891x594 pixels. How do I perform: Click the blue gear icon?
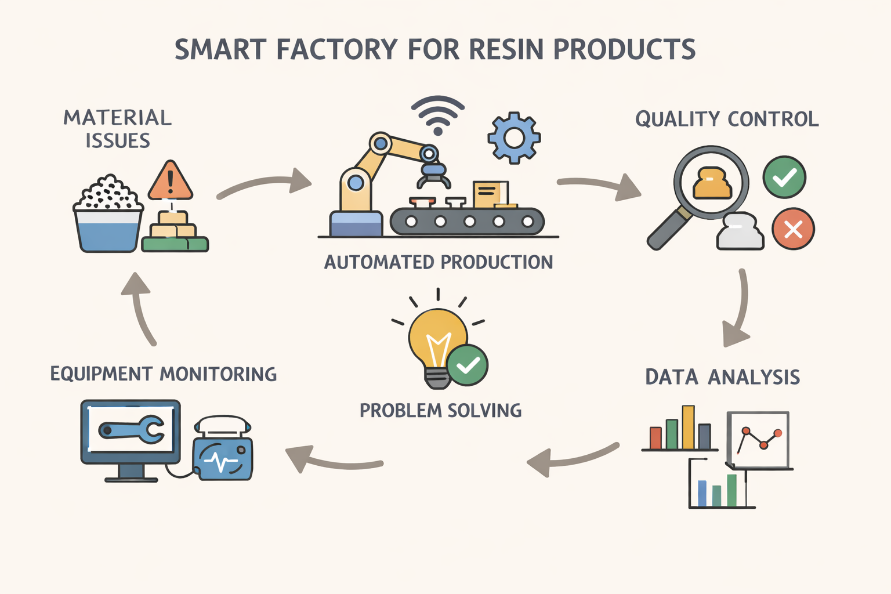(x=514, y=137)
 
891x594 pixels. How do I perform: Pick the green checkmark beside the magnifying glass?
(x=784, y=178)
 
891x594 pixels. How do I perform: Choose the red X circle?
(x=793, y=229)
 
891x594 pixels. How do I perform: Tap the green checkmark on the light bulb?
(x=468, y=365)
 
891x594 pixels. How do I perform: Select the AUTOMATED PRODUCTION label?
(x=439, y=263)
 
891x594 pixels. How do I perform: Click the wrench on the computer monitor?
(x=132, y=430)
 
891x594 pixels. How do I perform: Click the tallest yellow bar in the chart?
(x=688, y=427)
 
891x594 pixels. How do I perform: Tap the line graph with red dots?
(x=758, y=439)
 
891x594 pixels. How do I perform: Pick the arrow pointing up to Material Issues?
(x=139, y=307)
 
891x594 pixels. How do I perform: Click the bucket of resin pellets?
(x=108, y=220)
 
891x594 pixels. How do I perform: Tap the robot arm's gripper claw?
(x=433, y=175)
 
